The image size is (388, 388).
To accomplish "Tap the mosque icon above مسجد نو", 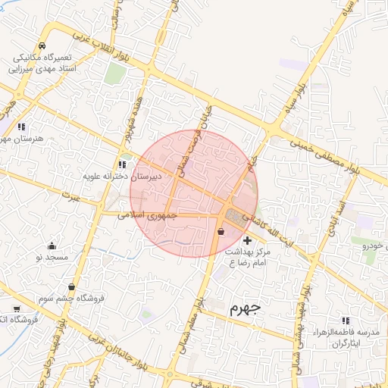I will pyautogui.click(x=52, y=246).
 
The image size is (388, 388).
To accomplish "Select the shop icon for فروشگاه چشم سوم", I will pyautogui.click(x=71, y=286).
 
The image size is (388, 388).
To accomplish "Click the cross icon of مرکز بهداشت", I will pyautogui.click(x=247, y=240).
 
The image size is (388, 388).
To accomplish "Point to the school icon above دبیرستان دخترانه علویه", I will pyautogui.click(x=121, y=164).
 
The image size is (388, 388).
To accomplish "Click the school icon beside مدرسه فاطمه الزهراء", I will pyautogui.click(x=346, y=321).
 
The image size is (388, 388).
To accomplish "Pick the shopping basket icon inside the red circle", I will pyautogui.click(x=221, y=232).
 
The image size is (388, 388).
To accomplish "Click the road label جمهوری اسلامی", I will pyautogui.click(x=148, y=215).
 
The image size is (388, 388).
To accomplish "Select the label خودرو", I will pyautogui.click(x=374, y=246).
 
